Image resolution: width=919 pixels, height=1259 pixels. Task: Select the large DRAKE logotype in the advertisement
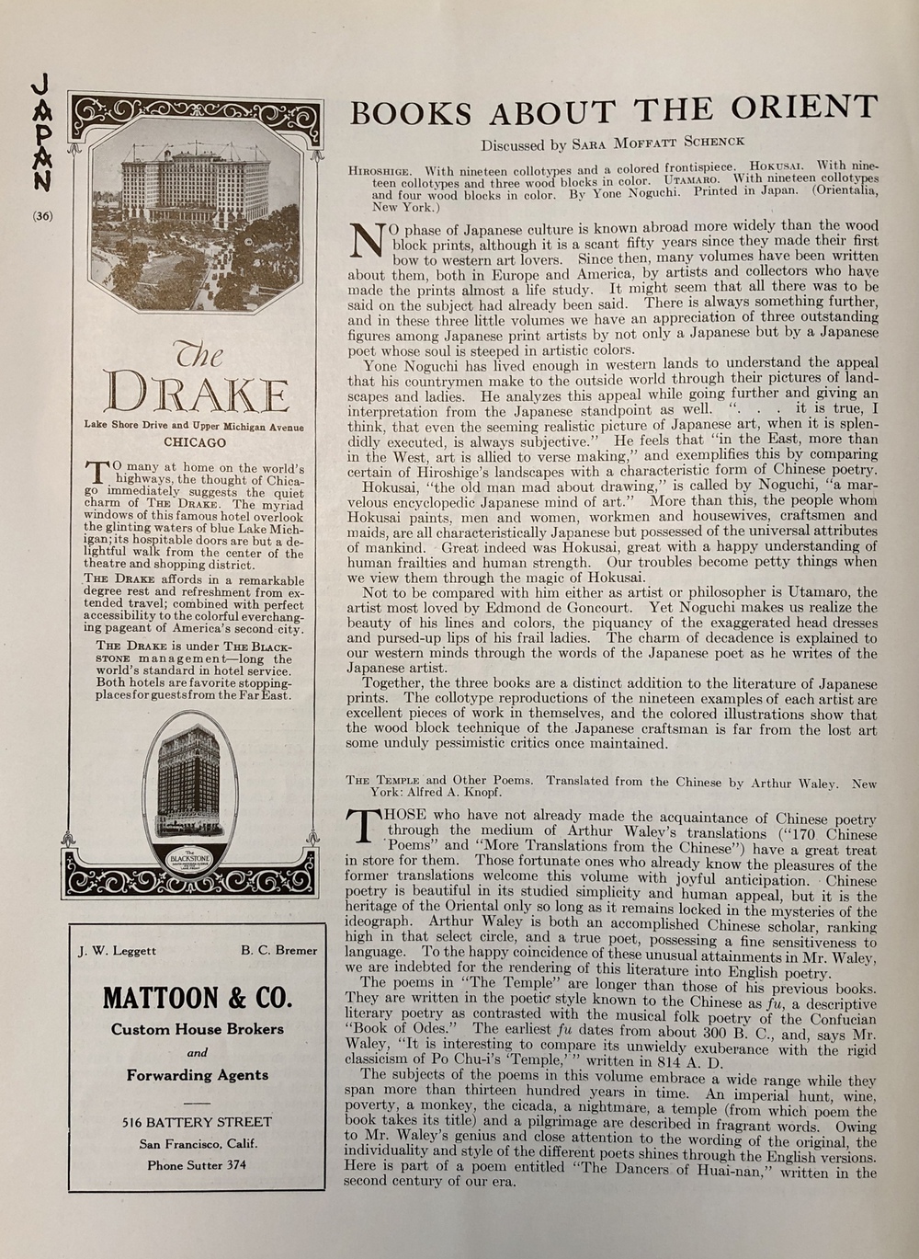[196, 393]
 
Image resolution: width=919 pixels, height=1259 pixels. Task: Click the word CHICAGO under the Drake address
[194, 441]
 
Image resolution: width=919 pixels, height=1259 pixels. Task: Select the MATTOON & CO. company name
[197, 998]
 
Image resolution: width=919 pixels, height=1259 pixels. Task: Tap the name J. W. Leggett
[116, 951]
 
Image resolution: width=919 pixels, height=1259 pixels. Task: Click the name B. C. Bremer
[279, 951]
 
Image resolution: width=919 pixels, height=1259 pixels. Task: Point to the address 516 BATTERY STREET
[197, 1122]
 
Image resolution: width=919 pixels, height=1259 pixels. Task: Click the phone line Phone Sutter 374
[197, 1164]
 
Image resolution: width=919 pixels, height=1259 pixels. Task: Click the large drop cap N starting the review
[367, 240]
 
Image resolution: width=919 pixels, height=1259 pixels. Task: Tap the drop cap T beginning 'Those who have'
[363, 826]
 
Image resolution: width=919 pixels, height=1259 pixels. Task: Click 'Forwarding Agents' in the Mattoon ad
[197, 1075]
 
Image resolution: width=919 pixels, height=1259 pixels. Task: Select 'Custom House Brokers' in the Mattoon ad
[197, 1029]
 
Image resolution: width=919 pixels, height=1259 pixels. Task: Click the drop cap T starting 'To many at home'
[95, 474]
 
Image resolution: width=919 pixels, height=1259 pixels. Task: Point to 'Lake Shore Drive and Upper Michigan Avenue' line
[194, 426]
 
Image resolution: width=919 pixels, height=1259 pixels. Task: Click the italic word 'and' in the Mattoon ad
[197, 1052]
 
